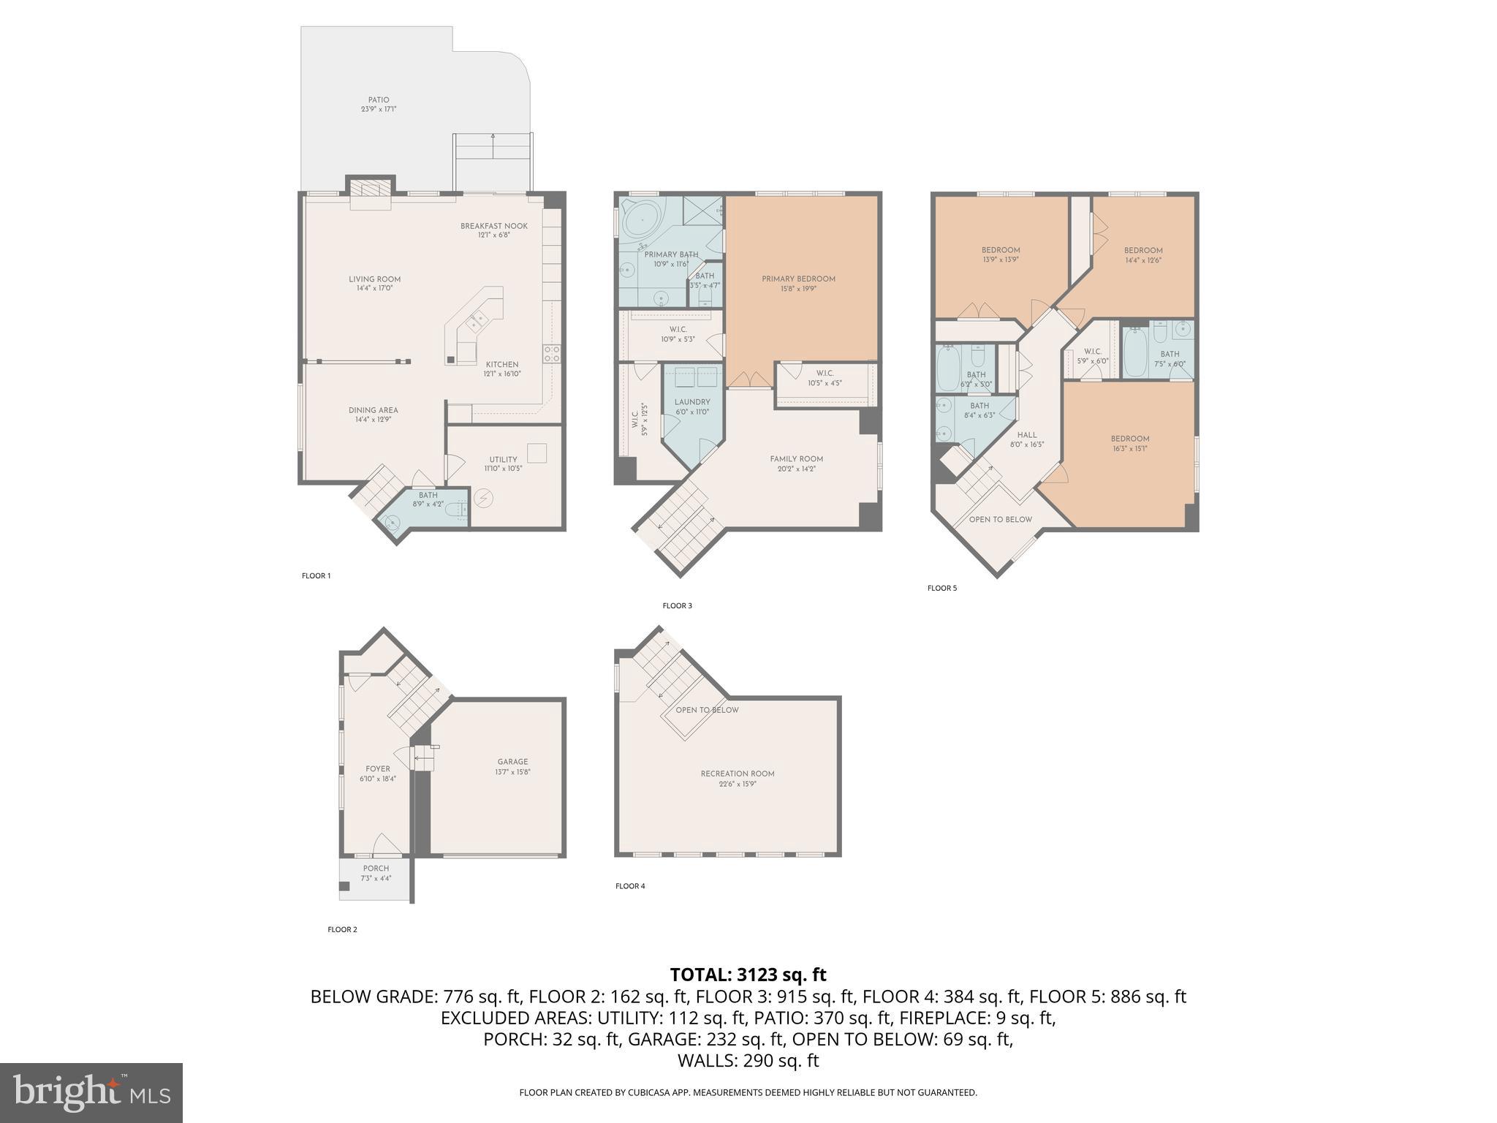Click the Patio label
coord(378,105)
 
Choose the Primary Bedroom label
coord(798,283)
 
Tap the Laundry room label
coord(691,407)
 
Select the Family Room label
coord(796,464)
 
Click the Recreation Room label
coord(737,778)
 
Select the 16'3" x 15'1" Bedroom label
coord(1130,443)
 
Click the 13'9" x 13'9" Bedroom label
coord(1001,254)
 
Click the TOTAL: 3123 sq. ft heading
coord(748,975)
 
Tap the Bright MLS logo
coord(91,1092)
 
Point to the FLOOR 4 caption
coord(630,886)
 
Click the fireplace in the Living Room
coord(370,192)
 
